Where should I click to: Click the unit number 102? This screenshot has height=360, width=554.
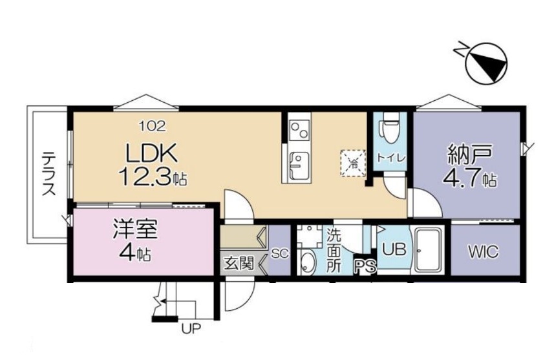point(153,126)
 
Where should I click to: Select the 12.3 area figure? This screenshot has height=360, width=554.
point(146,176)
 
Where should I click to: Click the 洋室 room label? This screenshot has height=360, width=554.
point(135,229)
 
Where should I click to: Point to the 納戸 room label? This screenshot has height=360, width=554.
point(470,154)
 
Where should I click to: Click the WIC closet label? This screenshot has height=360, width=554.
point(484,251)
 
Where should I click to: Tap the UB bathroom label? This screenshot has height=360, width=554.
point(395,249)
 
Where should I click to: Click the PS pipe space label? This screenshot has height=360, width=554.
point(365,266)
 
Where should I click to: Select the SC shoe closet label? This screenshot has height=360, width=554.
point(280,253)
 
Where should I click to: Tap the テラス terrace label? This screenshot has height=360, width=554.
point(48,173)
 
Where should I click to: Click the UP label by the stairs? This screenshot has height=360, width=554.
point(191,329)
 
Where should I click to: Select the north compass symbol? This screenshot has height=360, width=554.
point(486,63)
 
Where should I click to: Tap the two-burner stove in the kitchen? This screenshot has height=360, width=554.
point(299,130)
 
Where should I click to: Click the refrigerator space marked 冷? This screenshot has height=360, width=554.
point(352,163)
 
